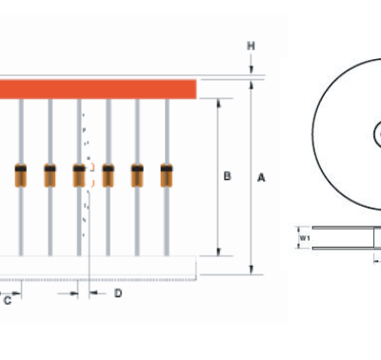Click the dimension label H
click(x=251, y=46)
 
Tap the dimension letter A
click(x=261, y=178)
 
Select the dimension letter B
click(x=227, y=176)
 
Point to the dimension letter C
click(x=8, y=300)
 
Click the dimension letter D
click(x=118, y=293)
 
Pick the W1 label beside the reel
click(x=305, y=238)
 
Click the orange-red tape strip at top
click(x=98, y=90)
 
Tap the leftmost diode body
click(x=21, y=175)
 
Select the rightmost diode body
click(x=167, y=175)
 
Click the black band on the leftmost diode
click(x=21, y=169)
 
